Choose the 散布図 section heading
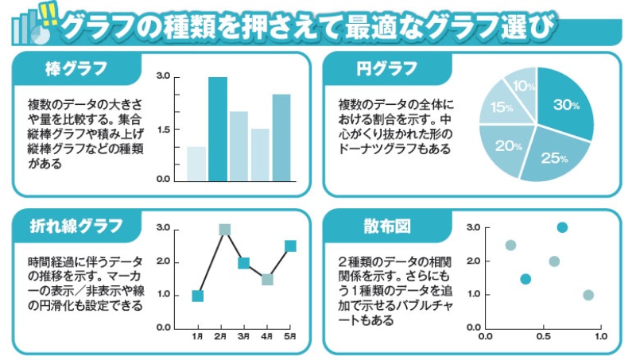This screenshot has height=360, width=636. (385, 227)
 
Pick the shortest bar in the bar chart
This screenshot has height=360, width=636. (196, 163)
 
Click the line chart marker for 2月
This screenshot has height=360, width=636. (225, 230)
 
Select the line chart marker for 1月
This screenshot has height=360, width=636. (198, 296)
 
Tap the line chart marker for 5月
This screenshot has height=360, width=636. (290, 246)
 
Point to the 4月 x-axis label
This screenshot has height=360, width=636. (267, 338)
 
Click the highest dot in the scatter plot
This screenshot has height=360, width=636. (562, 227)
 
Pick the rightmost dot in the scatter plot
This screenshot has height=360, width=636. (588, 295)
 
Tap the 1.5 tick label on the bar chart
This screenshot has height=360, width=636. (163, 129)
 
